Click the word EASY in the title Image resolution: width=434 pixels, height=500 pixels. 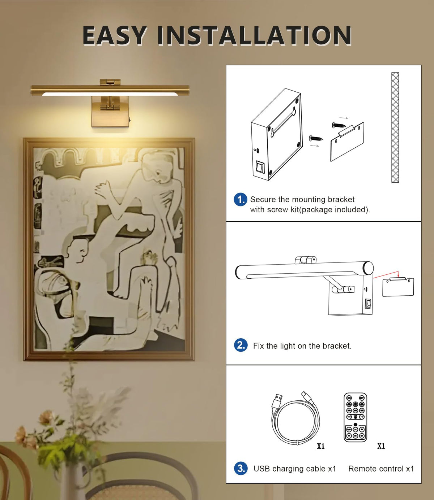pyautogui.click(x=115, y=35)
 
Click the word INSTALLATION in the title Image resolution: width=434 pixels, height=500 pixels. pyautogui.click(x=255, y=35)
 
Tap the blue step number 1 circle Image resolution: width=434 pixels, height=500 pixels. pyautogui.click(x=241, y=200)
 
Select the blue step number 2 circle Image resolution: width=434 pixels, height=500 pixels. pyautogui.click(x=241, y=345)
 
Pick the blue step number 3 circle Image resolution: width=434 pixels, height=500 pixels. pyautogui.click(x=241, y=469)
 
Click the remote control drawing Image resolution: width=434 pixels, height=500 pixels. pyautogui.click(x=355, y=417)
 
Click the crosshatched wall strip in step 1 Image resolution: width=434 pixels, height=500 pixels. pyautogui.click(x=395, y=127)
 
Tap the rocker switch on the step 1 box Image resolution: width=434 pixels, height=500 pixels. pyautogui.click(x=260, y=167)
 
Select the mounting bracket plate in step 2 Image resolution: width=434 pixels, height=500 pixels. pyautogui.click(x=398, y=287)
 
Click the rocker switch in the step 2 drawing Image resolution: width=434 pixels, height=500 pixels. pyautogui.click(x=368, y=304)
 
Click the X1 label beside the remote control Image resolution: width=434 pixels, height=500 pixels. pyautogui.click(x=381, y=446)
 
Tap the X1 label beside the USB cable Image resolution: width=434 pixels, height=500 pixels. pyautogui.click(x=320, y=446)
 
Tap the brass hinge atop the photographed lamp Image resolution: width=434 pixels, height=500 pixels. pyautogui.click(x=110, y=82)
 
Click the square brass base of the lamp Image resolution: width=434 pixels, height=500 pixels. pyautogui.click(x=110, y=112)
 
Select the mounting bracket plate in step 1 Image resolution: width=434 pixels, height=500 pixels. pyautogui.click(x=347, y=142)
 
